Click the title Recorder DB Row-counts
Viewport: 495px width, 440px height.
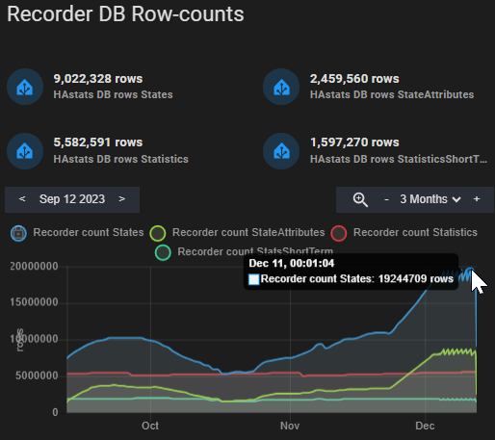pyautogui.click(x=126, y=15)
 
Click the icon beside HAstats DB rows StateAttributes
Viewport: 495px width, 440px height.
pyautogui.click(x=280, y=87)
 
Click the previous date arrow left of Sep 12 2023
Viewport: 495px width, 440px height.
pyautogui.click(x=22, y=199)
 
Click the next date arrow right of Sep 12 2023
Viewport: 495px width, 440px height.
pyautogui.click(x=121, y=199)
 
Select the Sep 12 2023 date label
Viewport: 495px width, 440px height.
pyautogui.click(x=72, y=199)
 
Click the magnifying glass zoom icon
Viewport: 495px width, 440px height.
pyautogui.click(x=360, y=199)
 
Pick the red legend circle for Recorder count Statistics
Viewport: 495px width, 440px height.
pyautogui.click(x=338, y=233)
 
